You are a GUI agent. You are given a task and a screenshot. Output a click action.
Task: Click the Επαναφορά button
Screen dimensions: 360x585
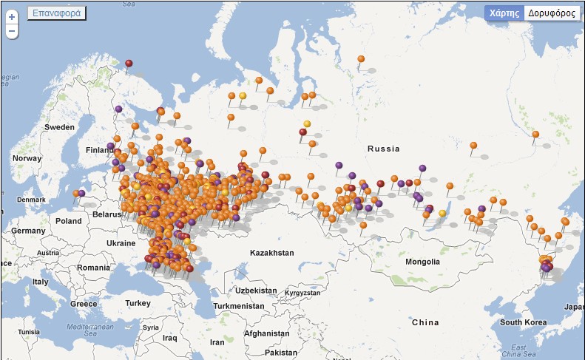pos(57,13)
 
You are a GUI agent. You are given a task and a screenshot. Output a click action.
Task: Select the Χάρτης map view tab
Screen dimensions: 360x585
pos(503,13)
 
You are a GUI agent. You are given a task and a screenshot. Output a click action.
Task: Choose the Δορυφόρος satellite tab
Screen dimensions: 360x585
pos(552,13)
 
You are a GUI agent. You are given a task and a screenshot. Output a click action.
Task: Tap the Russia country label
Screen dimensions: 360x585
pos(383,149)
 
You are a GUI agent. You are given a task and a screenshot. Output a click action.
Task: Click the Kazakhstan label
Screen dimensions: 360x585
pos(271,253)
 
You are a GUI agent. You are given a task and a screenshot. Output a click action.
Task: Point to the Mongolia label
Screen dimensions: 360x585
pos(422,262)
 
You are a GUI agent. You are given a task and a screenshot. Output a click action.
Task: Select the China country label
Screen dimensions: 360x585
pos(425,322)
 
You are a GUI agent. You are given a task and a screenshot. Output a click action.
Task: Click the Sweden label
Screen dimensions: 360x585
pos(59,127)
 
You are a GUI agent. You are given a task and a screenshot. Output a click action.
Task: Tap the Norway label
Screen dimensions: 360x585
pos(27,158)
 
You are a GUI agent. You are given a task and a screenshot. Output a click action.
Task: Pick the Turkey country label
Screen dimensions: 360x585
pos(138,303)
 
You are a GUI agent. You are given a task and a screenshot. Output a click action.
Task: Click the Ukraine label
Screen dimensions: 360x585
pos(121,243)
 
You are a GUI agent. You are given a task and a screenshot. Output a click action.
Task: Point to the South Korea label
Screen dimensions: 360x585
pos(523,322)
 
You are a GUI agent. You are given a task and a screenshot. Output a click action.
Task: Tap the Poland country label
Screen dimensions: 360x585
pos(68,221)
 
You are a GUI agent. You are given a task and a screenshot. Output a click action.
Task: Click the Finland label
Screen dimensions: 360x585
pos(99,150)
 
